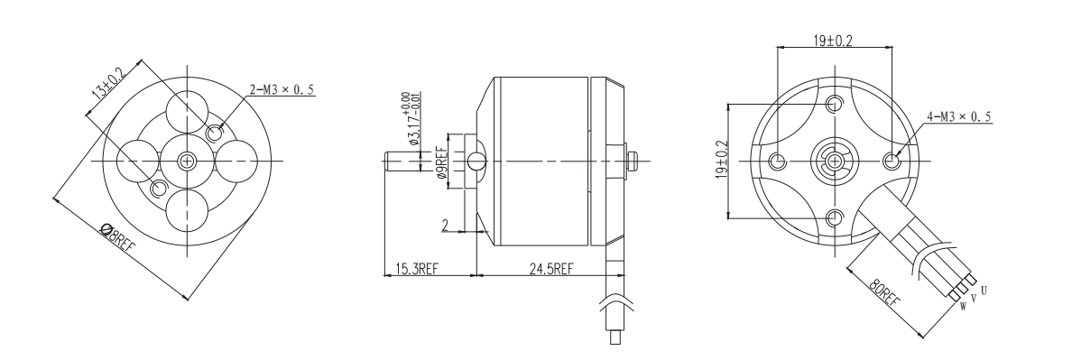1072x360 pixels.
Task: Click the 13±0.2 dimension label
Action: click(106, 89)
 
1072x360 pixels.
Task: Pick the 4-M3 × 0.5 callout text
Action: click(958, 116)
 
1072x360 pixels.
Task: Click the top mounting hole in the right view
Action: click(835, 103)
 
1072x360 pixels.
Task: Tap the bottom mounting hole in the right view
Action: click(835, 217)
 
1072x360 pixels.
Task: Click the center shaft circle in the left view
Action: click(188, 161)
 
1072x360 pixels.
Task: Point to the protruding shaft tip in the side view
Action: click(390, 161)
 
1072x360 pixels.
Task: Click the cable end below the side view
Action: click(615, 341)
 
